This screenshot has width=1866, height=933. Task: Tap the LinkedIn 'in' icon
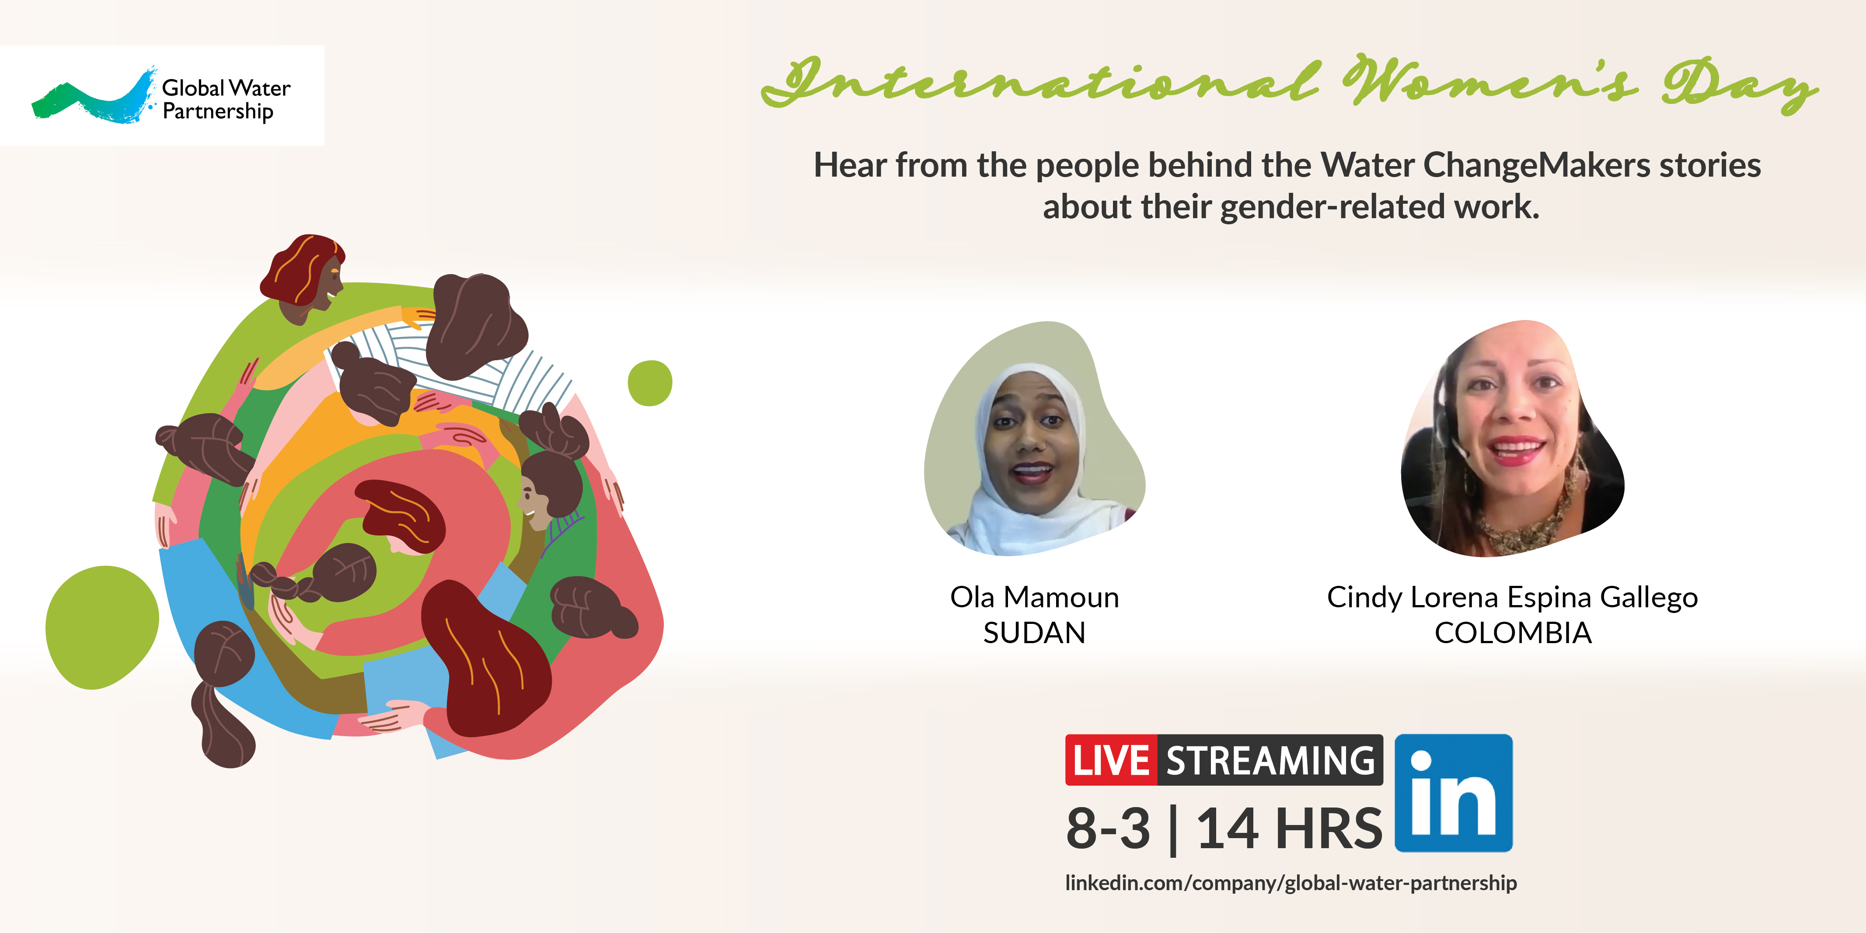tap(1453, 793)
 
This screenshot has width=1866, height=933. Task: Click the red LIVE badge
tap(1110, 760)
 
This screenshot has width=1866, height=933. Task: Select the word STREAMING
tap(1270, 760)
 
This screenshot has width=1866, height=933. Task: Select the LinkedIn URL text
tap(1291, 883)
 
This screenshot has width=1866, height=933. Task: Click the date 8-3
tap(1108, 828)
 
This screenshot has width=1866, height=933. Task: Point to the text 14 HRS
tap(1289, 828)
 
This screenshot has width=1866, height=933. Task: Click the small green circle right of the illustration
tap(650, 383)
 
